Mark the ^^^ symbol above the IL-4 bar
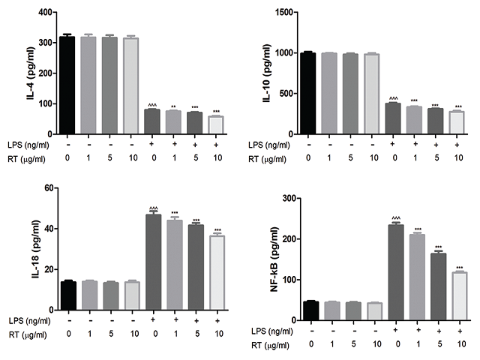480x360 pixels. point(152,104)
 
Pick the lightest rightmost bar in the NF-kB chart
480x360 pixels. point(458,295)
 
